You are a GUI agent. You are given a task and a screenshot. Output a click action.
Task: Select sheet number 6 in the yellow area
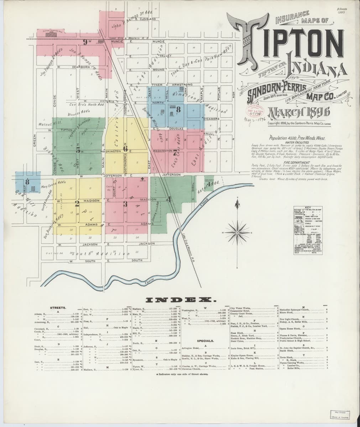tap(125, 148)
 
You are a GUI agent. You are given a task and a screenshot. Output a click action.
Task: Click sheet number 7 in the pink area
tap(175, 153)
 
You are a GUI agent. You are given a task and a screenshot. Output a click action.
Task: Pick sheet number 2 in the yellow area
tap(76, 204)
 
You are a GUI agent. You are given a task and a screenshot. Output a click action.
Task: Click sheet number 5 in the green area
tap(78, 150)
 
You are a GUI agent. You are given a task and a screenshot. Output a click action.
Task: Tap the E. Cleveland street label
tap(146, 19)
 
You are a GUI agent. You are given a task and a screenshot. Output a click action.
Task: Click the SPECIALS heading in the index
tap(205, 341)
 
